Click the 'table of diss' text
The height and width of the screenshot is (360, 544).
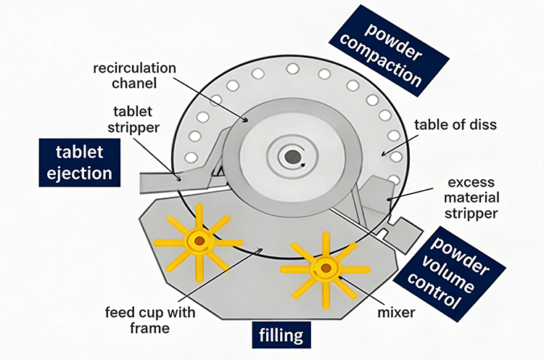point(456,124)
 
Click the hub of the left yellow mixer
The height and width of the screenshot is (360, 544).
point(197,240)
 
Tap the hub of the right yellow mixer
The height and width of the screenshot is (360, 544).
point(324,269)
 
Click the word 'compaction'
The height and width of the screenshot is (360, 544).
point(391,58)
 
